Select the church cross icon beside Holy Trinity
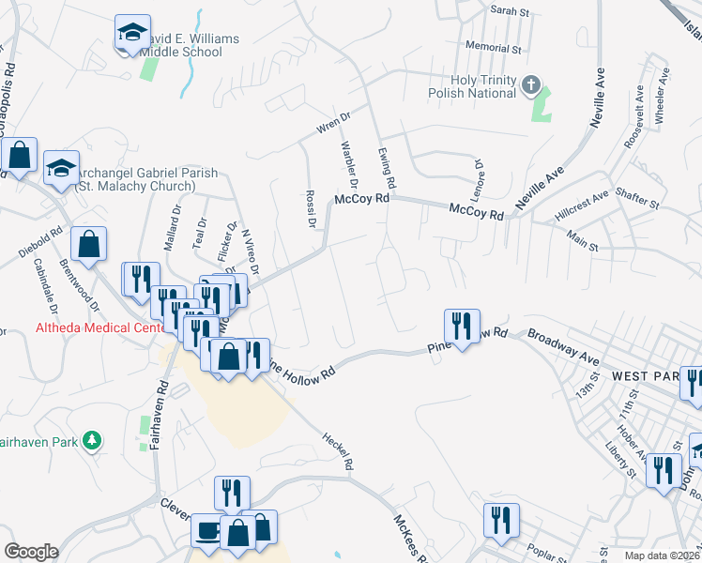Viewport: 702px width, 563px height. (x=531, y=86)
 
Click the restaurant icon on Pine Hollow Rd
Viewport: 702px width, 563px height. (x=462, y=326)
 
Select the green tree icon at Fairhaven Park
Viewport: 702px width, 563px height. (x=91, y=439)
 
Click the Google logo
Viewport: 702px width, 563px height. (x=31, y=551)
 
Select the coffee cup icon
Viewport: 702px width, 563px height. (x=206, y=530)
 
